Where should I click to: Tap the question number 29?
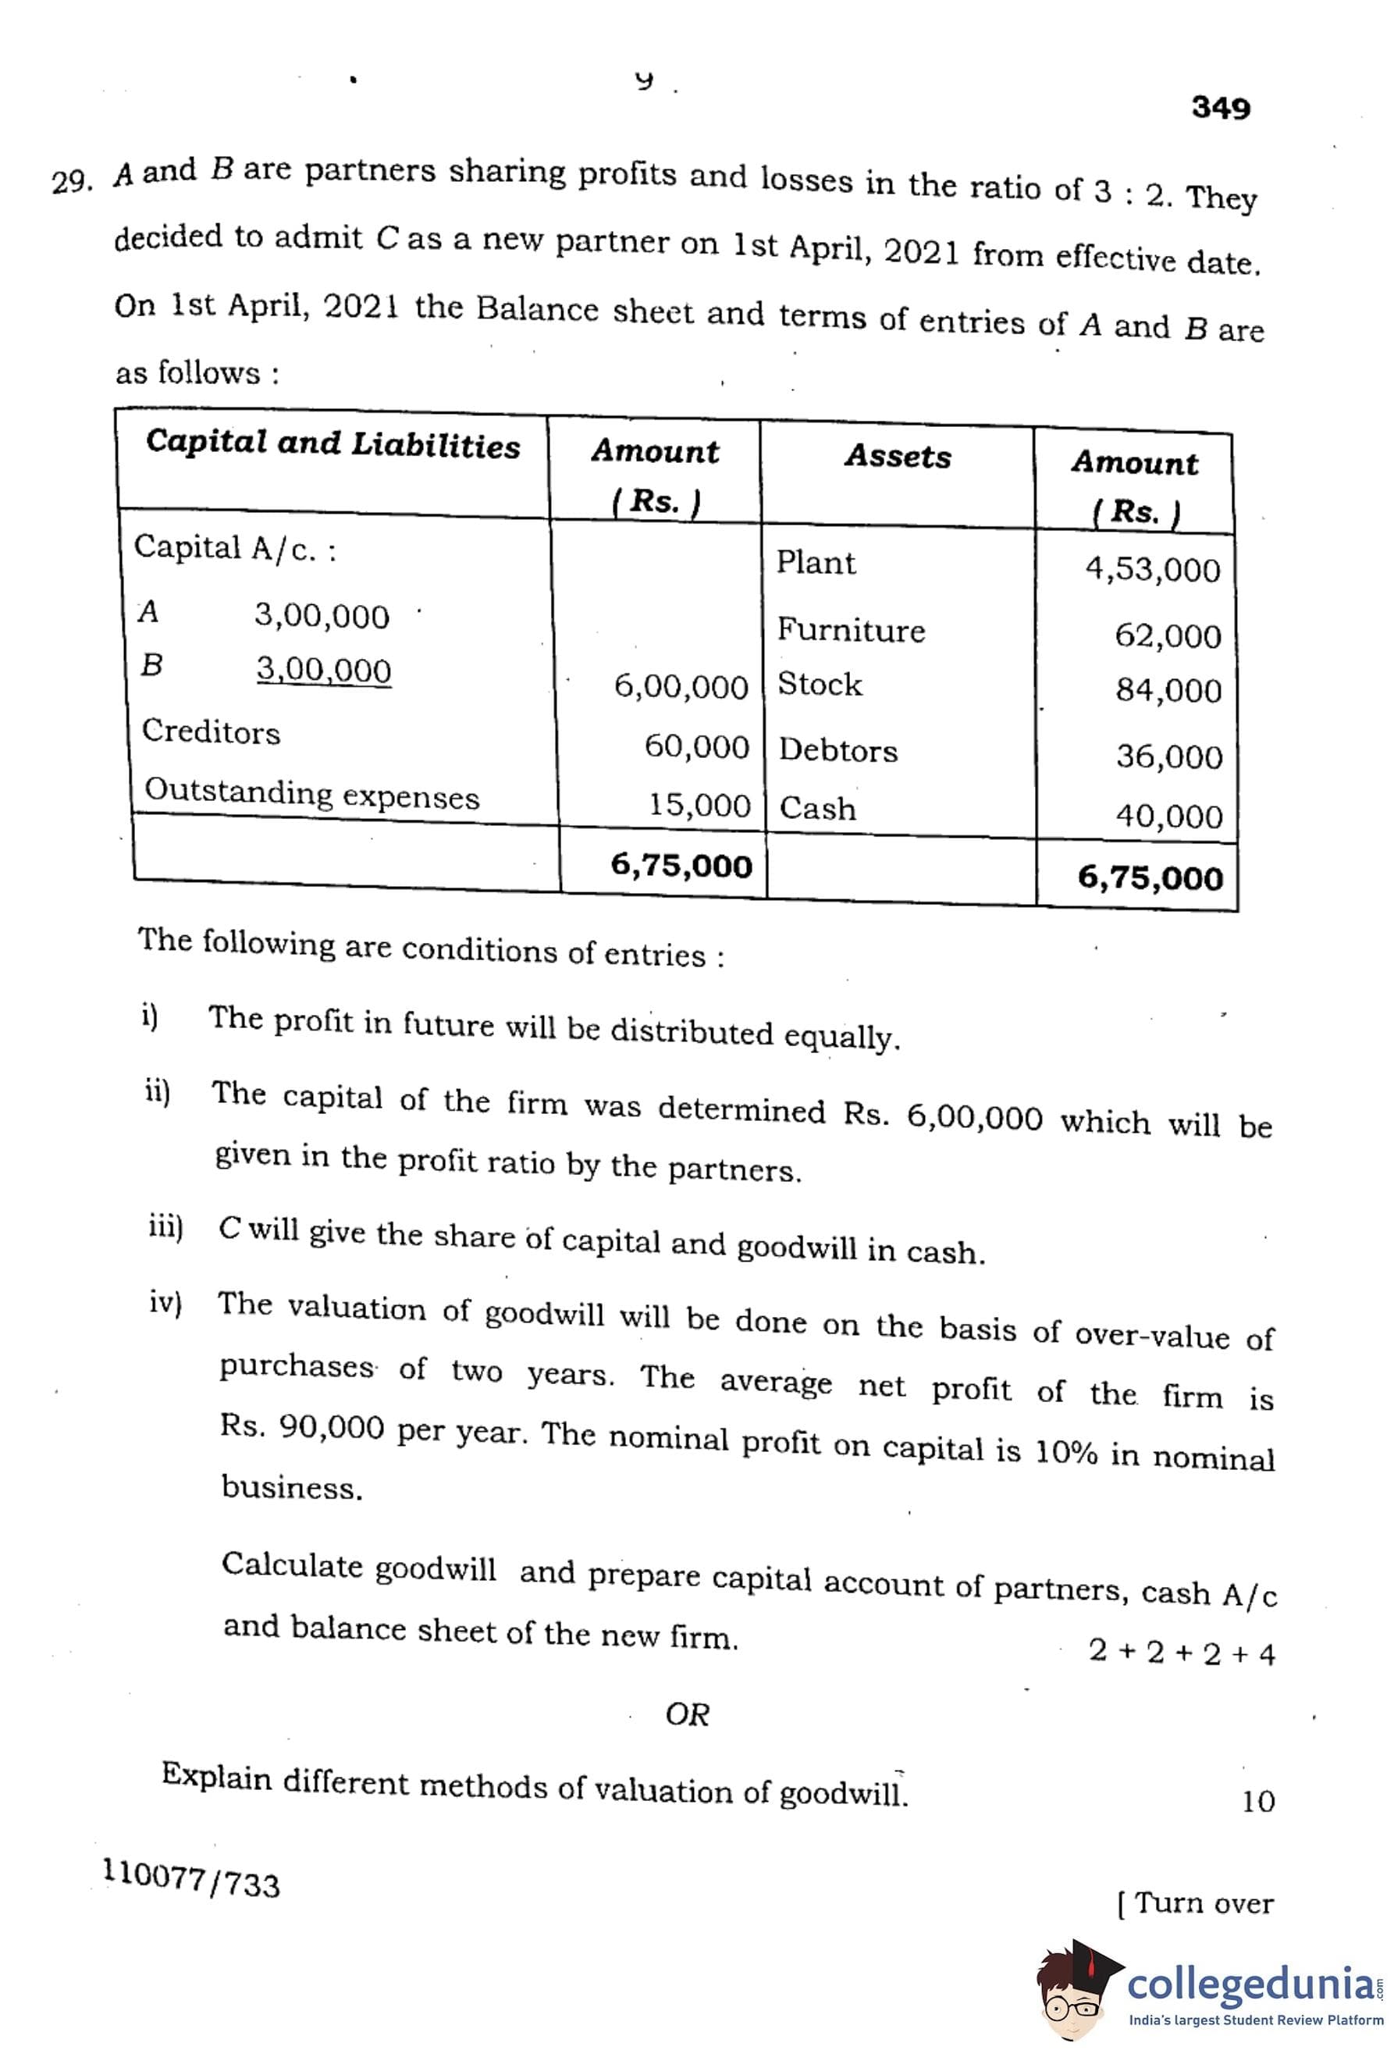[x=70, y=182]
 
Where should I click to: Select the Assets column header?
[x=898, y=457]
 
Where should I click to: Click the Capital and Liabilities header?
[x=332, y=443]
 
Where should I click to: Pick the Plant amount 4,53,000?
[x=1152, y=571]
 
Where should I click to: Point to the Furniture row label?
[x=851, y=631]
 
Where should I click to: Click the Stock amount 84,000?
[x=1168, y=691]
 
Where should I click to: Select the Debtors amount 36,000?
[x=1169, y=756]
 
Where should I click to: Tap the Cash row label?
[x=817, y=809]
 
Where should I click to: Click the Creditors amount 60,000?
[x=696, y=747]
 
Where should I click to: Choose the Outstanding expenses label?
[x=311, y=793]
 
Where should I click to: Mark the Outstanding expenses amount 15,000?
[x=699, y=806]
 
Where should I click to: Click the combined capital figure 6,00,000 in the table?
[x=681, y=687]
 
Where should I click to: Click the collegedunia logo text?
[x=1250, y=1984]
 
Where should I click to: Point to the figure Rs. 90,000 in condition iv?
[x=301, y=1426]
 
